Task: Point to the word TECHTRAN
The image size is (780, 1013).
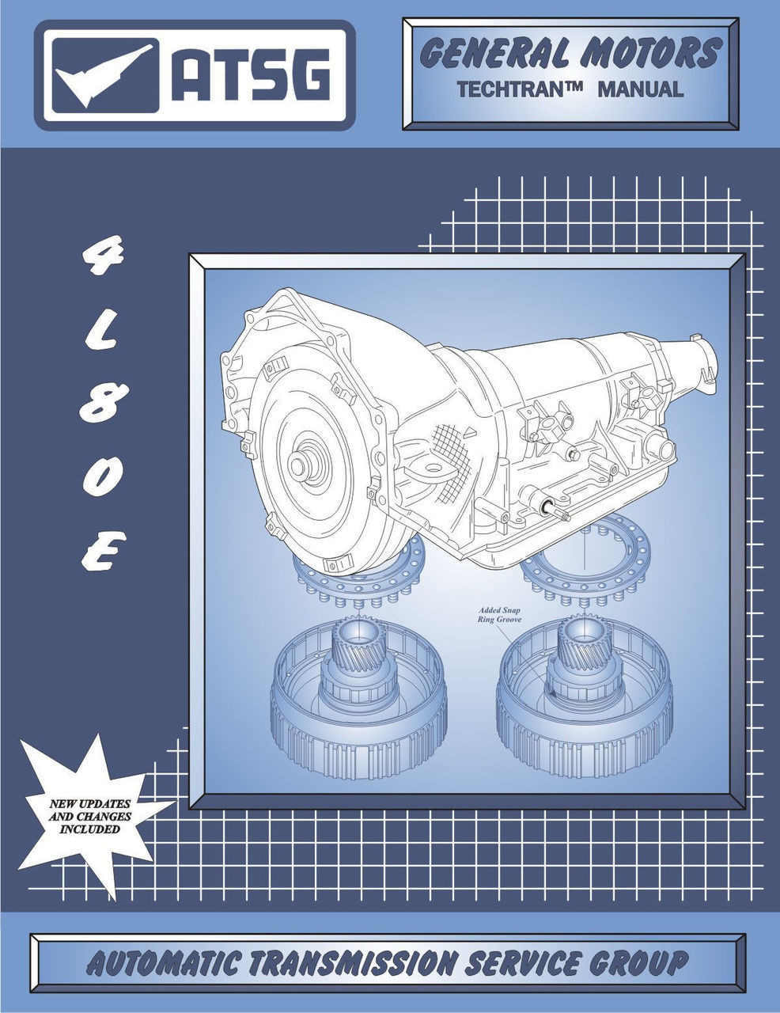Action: pyautogui.click(x=519, y=89)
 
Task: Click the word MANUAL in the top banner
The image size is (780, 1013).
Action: pyautogui.click(x=640, y=89)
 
